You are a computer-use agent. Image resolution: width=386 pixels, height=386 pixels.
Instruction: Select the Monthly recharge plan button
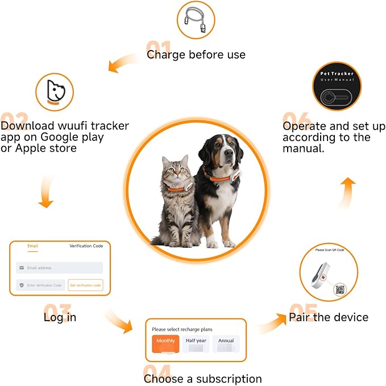tap(165, 342)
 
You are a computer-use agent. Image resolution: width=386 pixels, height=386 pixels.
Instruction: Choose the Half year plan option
tap(196, 342)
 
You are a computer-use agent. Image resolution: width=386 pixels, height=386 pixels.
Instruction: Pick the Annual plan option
tap(226, 342)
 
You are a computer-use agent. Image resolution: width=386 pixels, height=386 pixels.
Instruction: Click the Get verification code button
tap(85, 285)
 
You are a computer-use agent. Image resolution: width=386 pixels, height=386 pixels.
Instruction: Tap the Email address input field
tap(60, 268)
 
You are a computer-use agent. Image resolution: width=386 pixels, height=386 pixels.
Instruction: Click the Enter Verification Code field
tap(40, 285)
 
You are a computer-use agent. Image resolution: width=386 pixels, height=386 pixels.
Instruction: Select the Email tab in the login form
tap(33, 246)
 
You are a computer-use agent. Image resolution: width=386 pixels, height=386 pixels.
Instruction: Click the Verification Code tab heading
tap(86, 246)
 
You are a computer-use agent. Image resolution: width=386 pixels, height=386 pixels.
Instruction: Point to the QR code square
tap(339, 289)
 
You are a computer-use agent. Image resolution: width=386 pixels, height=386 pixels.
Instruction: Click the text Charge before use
tap(196, 55)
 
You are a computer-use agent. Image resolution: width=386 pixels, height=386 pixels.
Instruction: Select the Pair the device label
tap(329, 317)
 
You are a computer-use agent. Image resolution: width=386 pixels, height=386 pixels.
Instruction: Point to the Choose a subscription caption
tap(202, 379)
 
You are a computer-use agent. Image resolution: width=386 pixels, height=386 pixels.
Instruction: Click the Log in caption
tap(60, 317)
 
